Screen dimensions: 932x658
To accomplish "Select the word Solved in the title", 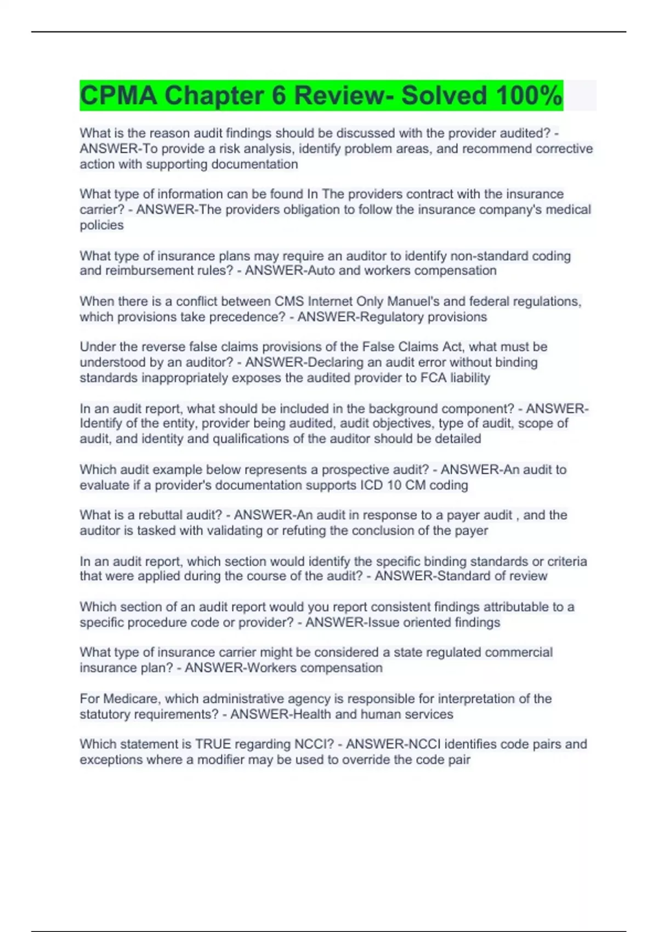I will [x=444, y=95].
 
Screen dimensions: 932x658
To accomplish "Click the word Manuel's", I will [x=419, y=302].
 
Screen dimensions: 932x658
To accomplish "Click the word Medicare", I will [x=130, y=699].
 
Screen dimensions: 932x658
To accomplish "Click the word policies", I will [x=102, y=225].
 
